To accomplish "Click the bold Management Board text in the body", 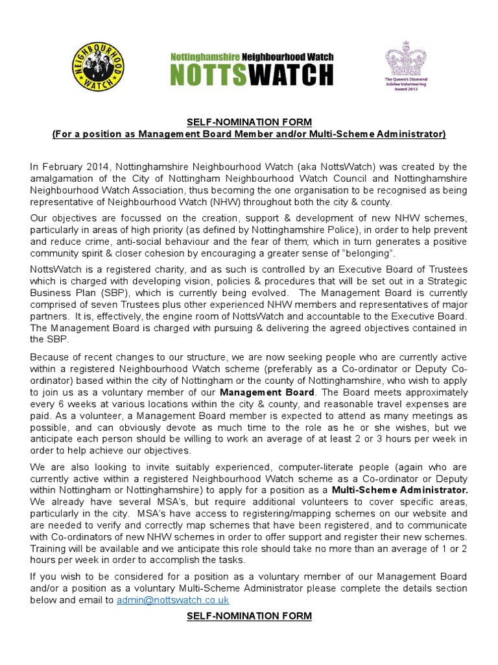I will [267, 392].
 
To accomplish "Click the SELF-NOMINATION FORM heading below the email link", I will [249, 616].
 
